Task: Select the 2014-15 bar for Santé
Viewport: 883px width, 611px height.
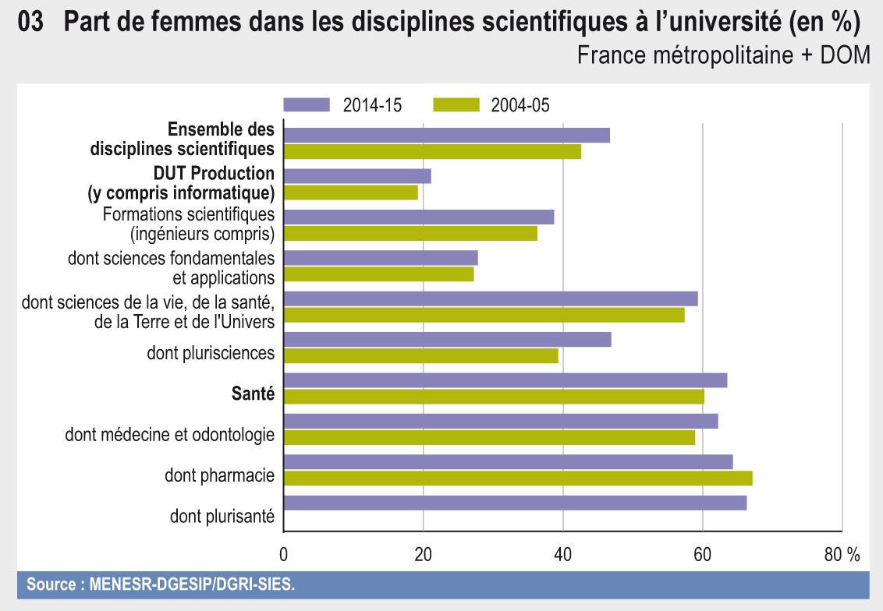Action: pos(505,380)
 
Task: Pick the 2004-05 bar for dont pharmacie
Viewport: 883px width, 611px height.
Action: pos(517,478)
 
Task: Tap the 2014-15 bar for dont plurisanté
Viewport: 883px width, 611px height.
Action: pos(515,503)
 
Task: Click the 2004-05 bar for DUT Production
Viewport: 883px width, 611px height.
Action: pos(350,192)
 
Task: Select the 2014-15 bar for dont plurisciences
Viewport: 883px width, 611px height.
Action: pos(447,340)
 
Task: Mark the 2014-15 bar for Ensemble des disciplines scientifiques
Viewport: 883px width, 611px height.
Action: pos(446,136)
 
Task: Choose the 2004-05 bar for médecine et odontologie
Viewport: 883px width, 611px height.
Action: pos(489,437)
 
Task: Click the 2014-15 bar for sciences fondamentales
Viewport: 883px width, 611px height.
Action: pos(381,258)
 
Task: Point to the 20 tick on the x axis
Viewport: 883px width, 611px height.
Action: pos(423,554)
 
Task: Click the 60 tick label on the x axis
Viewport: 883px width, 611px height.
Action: pos(702,554)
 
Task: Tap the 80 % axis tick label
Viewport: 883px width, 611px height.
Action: pos(842,554)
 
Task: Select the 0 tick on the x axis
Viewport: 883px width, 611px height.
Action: pos(283,554)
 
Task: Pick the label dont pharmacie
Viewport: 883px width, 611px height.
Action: pos(219,475)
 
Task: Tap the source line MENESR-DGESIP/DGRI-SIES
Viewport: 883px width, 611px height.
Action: pos(161,584)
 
